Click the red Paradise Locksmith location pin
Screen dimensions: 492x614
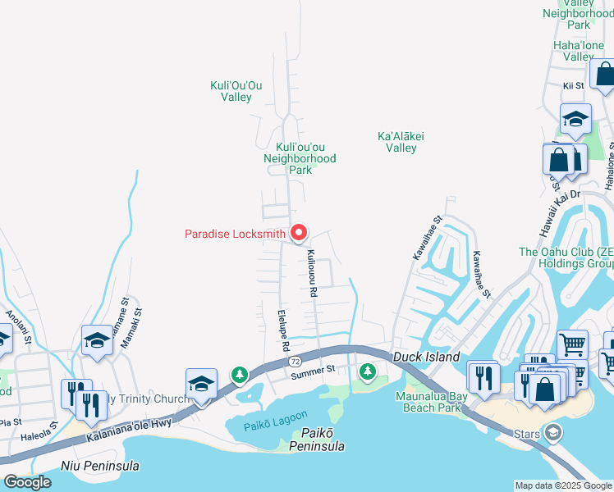pos(299,234)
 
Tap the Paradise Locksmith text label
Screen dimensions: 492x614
pos(236,234)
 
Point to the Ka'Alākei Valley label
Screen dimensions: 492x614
pos(401,142)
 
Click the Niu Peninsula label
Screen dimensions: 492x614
pos(100,466)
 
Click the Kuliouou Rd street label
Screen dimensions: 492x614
pos(313,273)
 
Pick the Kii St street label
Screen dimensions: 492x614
pos(573,85)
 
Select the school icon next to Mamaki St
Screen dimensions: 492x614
pos(97,340)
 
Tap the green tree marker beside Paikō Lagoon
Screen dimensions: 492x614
pos(239,376)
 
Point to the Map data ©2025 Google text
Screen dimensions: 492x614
pos(563,485)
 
